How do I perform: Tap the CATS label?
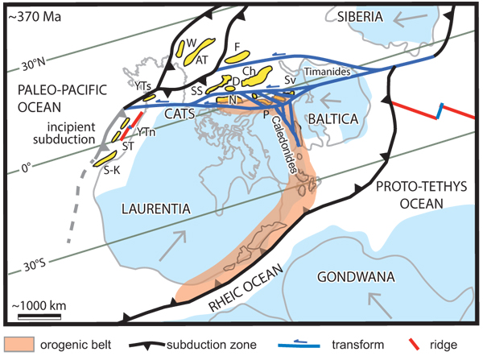[180, 118]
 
